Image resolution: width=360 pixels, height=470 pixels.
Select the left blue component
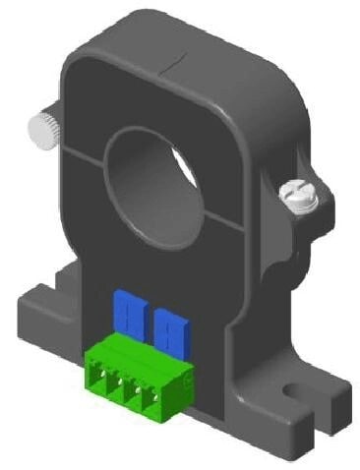click(128, 313)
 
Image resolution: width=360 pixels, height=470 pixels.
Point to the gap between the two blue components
click(150, 317)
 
